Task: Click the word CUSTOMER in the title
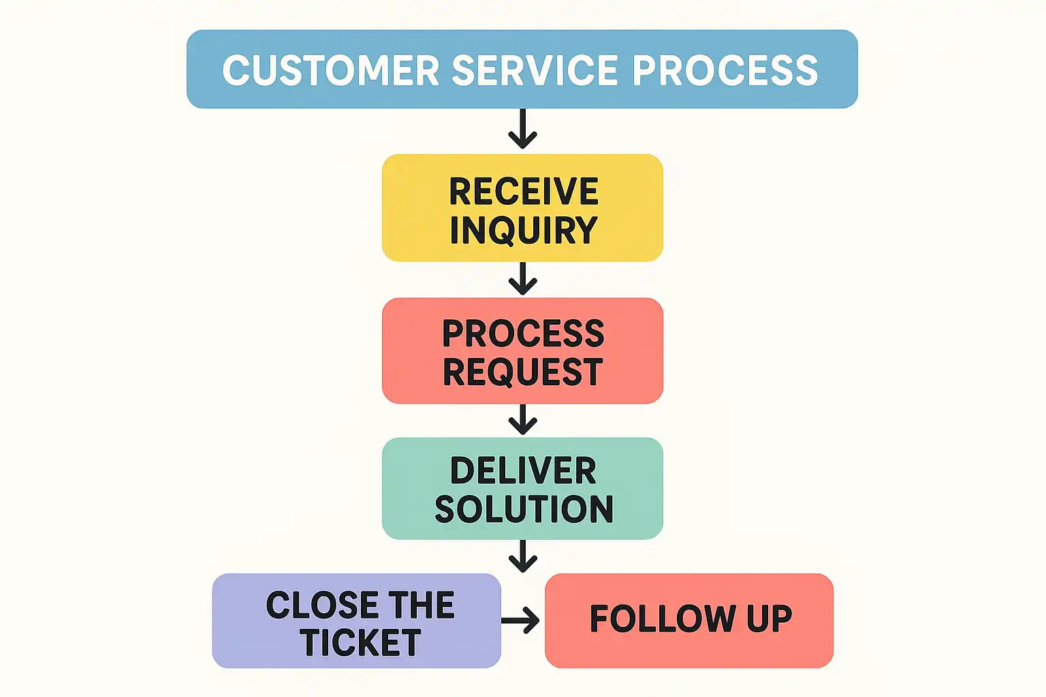pyautogui.click(x=331, y=70)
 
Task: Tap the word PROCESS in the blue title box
pyautogui.click(x=725, y=70)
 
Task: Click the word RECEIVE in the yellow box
pyautogui.click(x=523, y=191)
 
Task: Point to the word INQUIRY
pyautogui.click(x=523, y=230)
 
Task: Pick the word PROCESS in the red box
pyautogui.click(x=523, y=334)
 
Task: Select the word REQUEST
pyautogui.click(x=523, y=372)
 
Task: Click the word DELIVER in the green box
pyautogui.click(x=523, y=471)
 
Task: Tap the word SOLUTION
pyautogui.click(x=524, y=509)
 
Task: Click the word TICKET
pyautogui.click(x=360, y=643)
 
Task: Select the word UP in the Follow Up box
pyautogui.click(x=769, y=619)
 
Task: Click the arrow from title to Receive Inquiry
pyautogui.click(x=522, y=129)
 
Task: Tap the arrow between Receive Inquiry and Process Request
pyautogui.click(x=522, y=279)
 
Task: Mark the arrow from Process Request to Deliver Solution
pyautogui.click(x=522, y=419)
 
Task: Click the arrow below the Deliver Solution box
pyautogui.click(x=522, y=556)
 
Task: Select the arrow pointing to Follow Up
pyautogui.click(x=521, y=620)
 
